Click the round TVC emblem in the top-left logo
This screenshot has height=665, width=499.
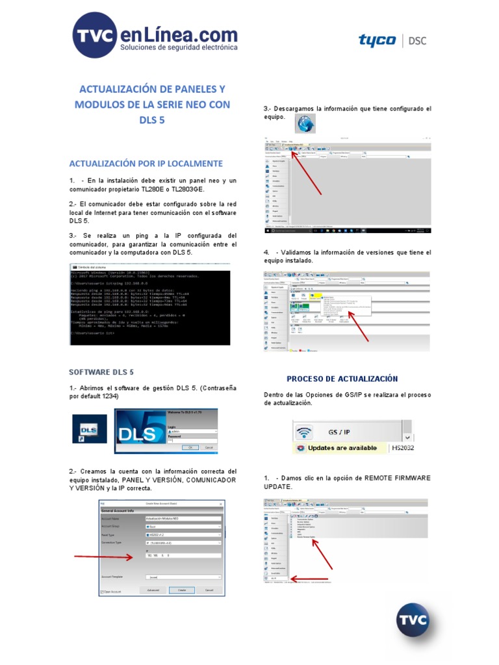coord(95,38)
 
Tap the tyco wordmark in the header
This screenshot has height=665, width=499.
coord(377,41)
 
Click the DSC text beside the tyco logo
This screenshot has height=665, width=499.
coord(419,41)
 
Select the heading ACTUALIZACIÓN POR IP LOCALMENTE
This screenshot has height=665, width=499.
coord(146,163)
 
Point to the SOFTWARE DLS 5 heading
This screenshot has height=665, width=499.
coord(101,372)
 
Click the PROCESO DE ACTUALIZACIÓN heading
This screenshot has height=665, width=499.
coord(342,379)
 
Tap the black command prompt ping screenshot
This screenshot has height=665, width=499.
coord(150,305)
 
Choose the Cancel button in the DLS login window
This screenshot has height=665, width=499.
coord(209,447)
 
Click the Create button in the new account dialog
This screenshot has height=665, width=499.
coord(182,590)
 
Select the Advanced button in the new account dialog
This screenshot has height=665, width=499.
coord(153,590)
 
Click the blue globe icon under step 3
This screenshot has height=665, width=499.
coord(305,123)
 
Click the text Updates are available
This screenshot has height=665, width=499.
coord(342,448)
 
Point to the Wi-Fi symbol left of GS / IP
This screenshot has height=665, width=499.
coord(303,431)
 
